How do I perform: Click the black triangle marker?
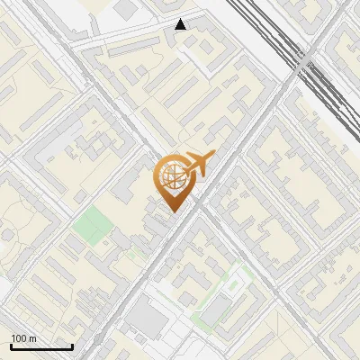click(x=181, y=24)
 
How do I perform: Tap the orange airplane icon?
click(x=197, y=165)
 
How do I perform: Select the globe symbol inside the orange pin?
click(x=172, y=178)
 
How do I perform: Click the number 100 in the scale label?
click(x=19, y=338)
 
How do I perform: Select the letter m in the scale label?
click(x=32, y=338)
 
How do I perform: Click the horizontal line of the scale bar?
click(x=41, y=346)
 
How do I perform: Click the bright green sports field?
click(x=90, y=225)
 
